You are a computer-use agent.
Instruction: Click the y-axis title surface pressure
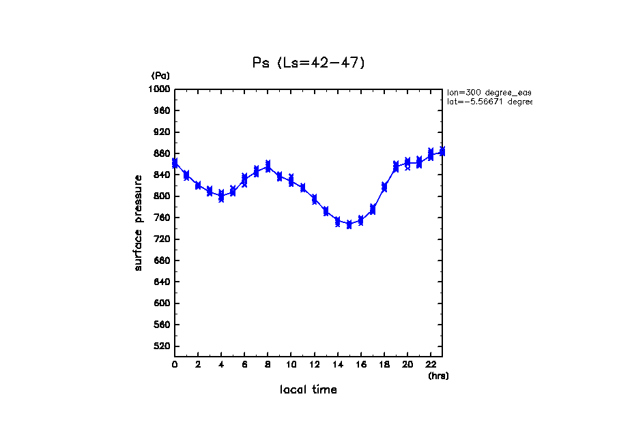(x=139, y=222)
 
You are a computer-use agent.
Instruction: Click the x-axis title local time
(x=308, y=390)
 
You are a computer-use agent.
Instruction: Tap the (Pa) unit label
(x=160, y=76)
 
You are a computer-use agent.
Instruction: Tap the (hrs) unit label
(x=438, y=376)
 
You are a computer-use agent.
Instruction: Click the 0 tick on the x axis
(x=175, y=365)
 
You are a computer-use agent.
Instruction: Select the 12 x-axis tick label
(x=314, y=365)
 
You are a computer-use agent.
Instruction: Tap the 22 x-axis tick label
(x=431, y=365)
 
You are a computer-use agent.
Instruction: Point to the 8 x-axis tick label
(x=268, y=365)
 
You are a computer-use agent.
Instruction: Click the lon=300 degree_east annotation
(x=489, y=92)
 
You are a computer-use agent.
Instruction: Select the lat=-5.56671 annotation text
(x=489, y=102)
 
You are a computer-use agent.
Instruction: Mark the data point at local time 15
(x=349, y=224)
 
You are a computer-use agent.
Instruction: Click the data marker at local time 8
(x=268, y=166)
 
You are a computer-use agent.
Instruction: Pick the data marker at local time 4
(x=221, y=196)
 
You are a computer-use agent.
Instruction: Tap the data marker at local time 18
(x=384, y=187)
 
